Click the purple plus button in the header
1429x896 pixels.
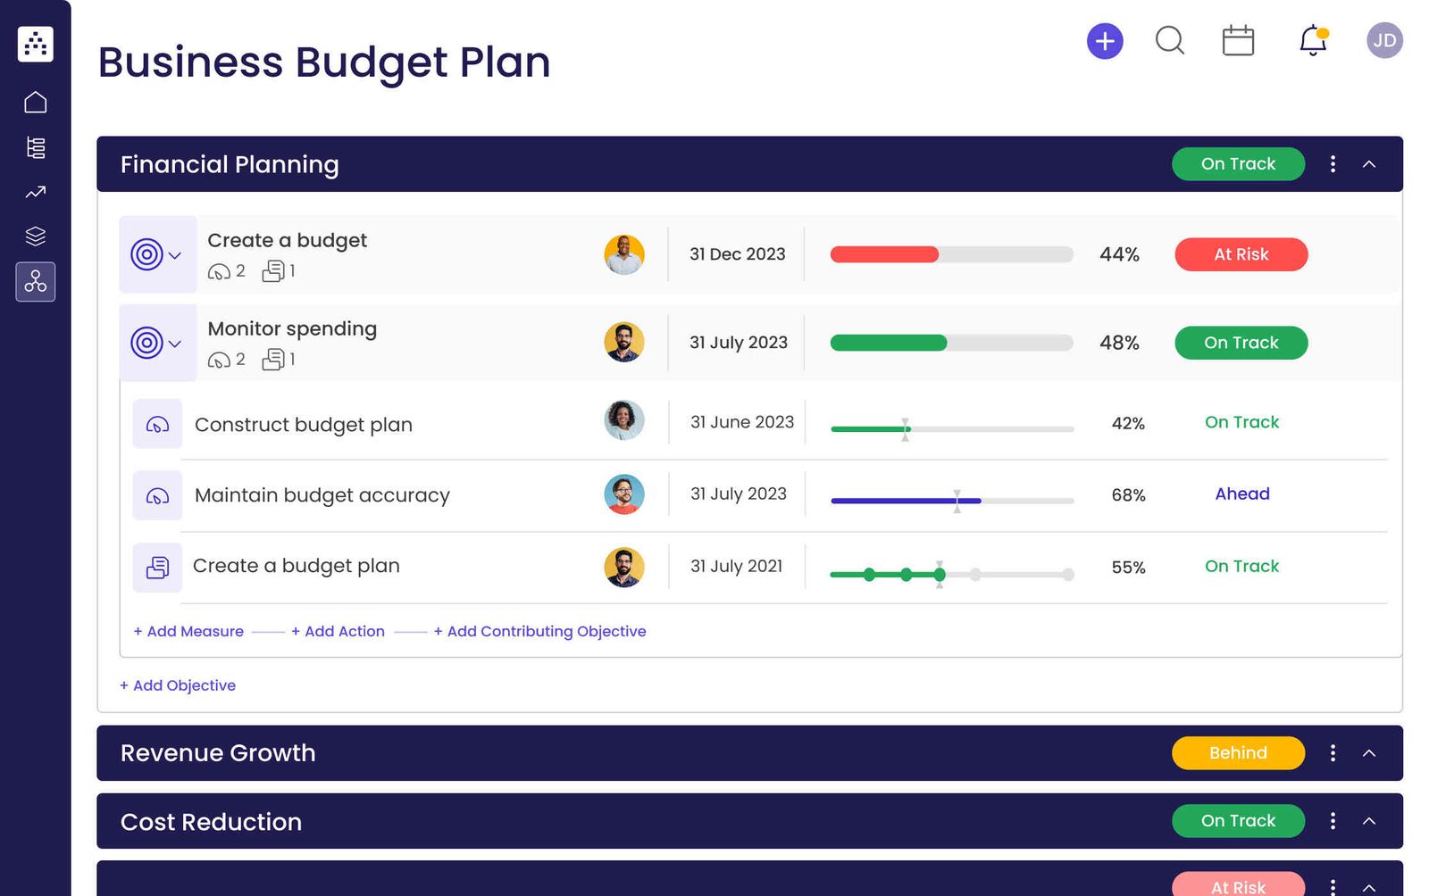pos(1105,41)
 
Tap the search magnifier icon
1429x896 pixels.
pos(1169,41)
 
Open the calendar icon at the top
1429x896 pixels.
pos(1238,41)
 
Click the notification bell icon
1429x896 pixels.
pos(1313,41)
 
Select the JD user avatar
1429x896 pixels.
pos(1384,41)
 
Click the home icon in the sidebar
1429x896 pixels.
pos(36,103)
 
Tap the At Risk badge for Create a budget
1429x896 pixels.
pos(1241,254)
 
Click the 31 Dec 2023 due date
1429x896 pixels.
pos(737,254)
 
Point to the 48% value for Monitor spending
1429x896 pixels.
pos(1119,343)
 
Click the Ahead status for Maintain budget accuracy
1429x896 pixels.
pos(1241,494)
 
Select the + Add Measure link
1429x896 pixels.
pos(188,631)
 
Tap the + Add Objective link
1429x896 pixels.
pos(178,685)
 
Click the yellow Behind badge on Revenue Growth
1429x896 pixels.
pos(1238,753)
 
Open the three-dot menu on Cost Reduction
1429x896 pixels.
pos(1333,821)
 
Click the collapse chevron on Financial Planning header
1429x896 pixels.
pos(1369,164)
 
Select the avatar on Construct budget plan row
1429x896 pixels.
pos(623,420)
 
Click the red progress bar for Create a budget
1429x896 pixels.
pos(884,254)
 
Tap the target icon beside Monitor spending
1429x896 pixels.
pos(147,343)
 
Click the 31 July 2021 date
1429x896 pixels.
pos(736,566)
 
